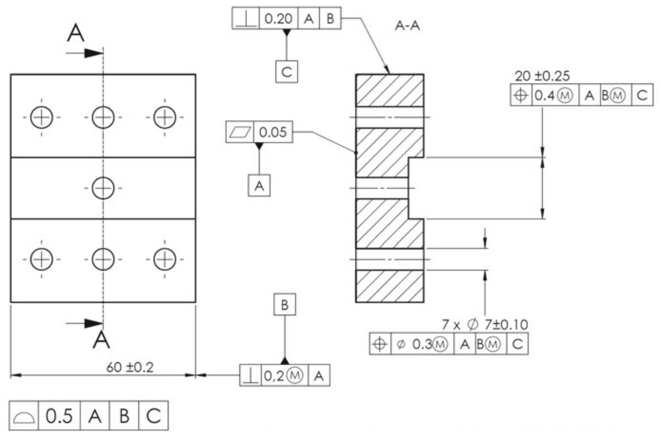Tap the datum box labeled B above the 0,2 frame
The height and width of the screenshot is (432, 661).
point(285,305)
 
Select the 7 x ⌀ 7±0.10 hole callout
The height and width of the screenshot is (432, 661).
point(485,324)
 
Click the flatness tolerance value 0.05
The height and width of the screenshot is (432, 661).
point(274,133)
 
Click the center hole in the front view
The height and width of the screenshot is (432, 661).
point(103,187)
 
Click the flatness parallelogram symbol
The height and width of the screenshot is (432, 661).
point(239,133)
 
